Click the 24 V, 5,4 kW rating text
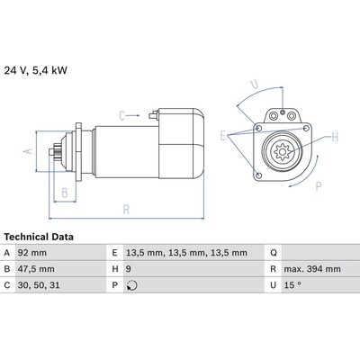[36, 70]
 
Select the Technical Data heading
[39, 237]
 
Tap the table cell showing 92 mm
[32, 253]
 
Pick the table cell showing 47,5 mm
[36, 269]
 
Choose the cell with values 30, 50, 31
[39, 285]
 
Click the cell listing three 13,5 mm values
[186, 253]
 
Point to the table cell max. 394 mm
[312, 269]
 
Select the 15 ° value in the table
[292, 285]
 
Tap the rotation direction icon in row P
[132, 285]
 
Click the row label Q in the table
[274, 253]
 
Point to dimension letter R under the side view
[126, 210]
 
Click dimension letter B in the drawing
[65, 193]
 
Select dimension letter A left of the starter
[28, 151]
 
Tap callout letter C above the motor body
[121, 115]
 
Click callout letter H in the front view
[335, 138]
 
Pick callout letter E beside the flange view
[222, 136]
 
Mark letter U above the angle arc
[255, 85]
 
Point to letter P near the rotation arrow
[319, 186]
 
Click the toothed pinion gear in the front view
[282, 151]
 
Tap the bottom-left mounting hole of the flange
[259, 175]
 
